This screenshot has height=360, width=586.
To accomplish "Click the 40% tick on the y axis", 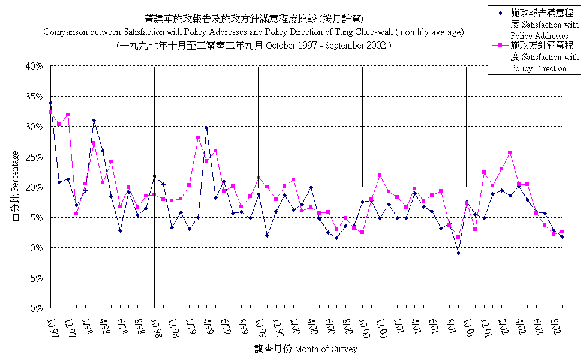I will pos(35,66).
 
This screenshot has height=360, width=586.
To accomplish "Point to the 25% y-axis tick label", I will pos(35,157).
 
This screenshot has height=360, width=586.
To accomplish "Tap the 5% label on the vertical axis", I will pos(37,278).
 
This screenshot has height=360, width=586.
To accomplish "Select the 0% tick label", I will pos(37,308).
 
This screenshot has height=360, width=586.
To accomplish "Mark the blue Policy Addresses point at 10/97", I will pos(50,103).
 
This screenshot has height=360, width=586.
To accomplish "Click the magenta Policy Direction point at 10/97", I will pos(50,112).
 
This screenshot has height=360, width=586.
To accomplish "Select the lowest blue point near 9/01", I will pos(458,253).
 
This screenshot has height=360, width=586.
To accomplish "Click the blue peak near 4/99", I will pos(206,128).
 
